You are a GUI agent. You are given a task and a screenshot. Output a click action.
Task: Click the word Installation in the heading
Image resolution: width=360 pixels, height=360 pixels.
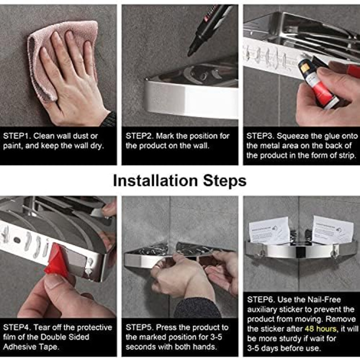click(155, 181)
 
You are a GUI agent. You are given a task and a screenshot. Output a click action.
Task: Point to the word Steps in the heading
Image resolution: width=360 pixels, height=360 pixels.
click(225, 181)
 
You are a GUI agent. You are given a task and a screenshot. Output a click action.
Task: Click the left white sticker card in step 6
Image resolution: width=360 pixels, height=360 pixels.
click(269, 231)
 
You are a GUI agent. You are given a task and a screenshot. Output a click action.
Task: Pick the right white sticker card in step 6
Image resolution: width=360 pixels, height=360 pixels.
click(332, 229)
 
